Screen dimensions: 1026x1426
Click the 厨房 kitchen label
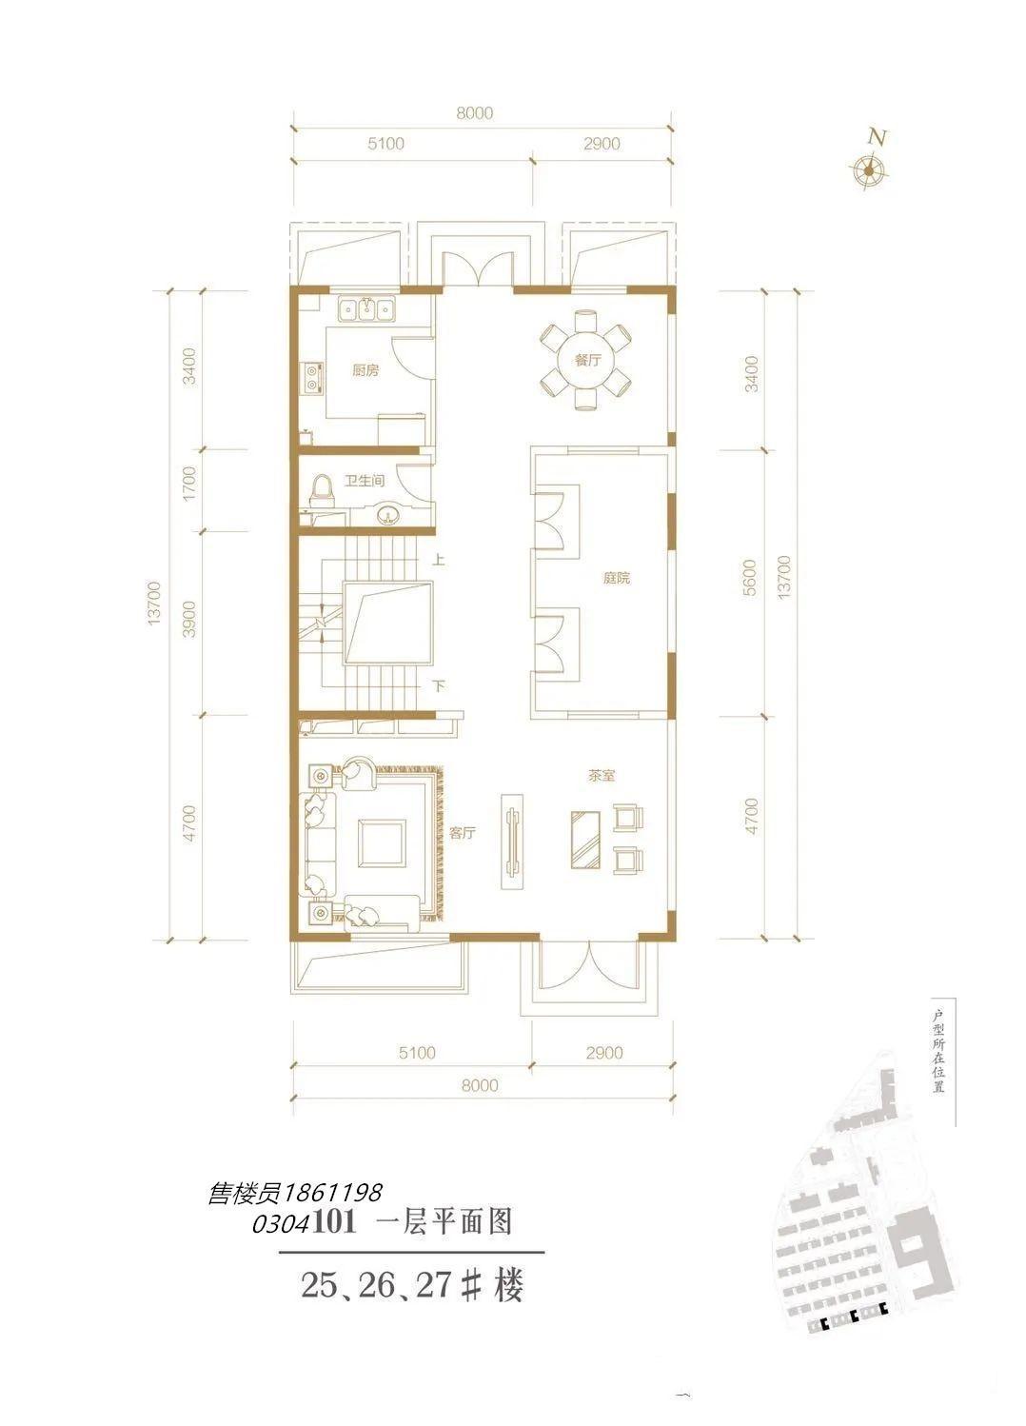[x=365, y=370]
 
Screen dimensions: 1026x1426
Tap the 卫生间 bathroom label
[x=365, y=481]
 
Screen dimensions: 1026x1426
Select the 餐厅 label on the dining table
[x=587, y=361]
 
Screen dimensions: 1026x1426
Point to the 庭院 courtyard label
[x=617, y=578]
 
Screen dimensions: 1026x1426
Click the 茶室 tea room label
[x=602, y=776]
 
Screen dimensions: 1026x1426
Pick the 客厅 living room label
[x=463, y=833]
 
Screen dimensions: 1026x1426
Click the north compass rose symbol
[x=868, y=169]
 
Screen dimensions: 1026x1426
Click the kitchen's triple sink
[x=366, y=309]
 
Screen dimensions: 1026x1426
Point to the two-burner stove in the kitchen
[x=312, y=377]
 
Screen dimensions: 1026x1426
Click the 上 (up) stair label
[x=439, y=561]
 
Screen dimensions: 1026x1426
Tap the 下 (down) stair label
[x=439, y=686]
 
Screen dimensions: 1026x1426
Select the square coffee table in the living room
[x=382, y=842]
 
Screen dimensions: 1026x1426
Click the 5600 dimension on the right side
[x=750, y=577]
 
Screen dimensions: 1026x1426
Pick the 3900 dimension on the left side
[x=189, y=620]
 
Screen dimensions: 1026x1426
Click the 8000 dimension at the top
[x=475, y=113]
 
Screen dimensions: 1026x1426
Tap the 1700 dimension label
[x=189, y=484]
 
